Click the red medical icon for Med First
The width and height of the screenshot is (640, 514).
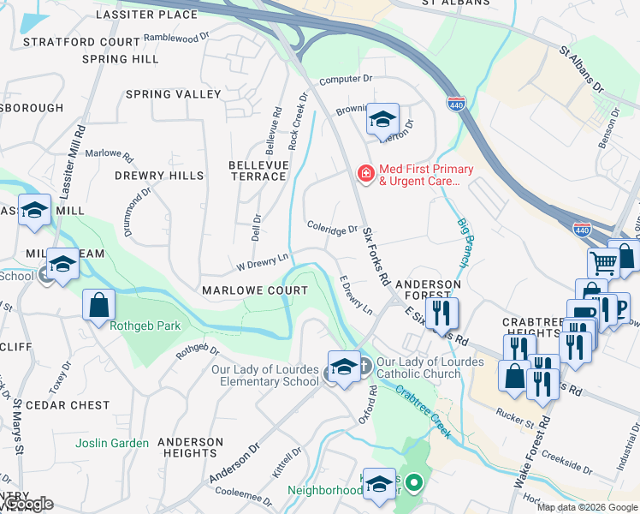pos(365,174)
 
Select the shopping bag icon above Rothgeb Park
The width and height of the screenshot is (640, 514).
pos(98,303)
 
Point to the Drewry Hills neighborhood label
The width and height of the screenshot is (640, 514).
pos(160,176)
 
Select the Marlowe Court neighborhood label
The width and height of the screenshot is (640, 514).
pos(254,290)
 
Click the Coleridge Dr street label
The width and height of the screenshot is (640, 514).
pos(332,230)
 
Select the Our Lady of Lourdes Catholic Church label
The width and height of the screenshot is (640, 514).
pos(430,368)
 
